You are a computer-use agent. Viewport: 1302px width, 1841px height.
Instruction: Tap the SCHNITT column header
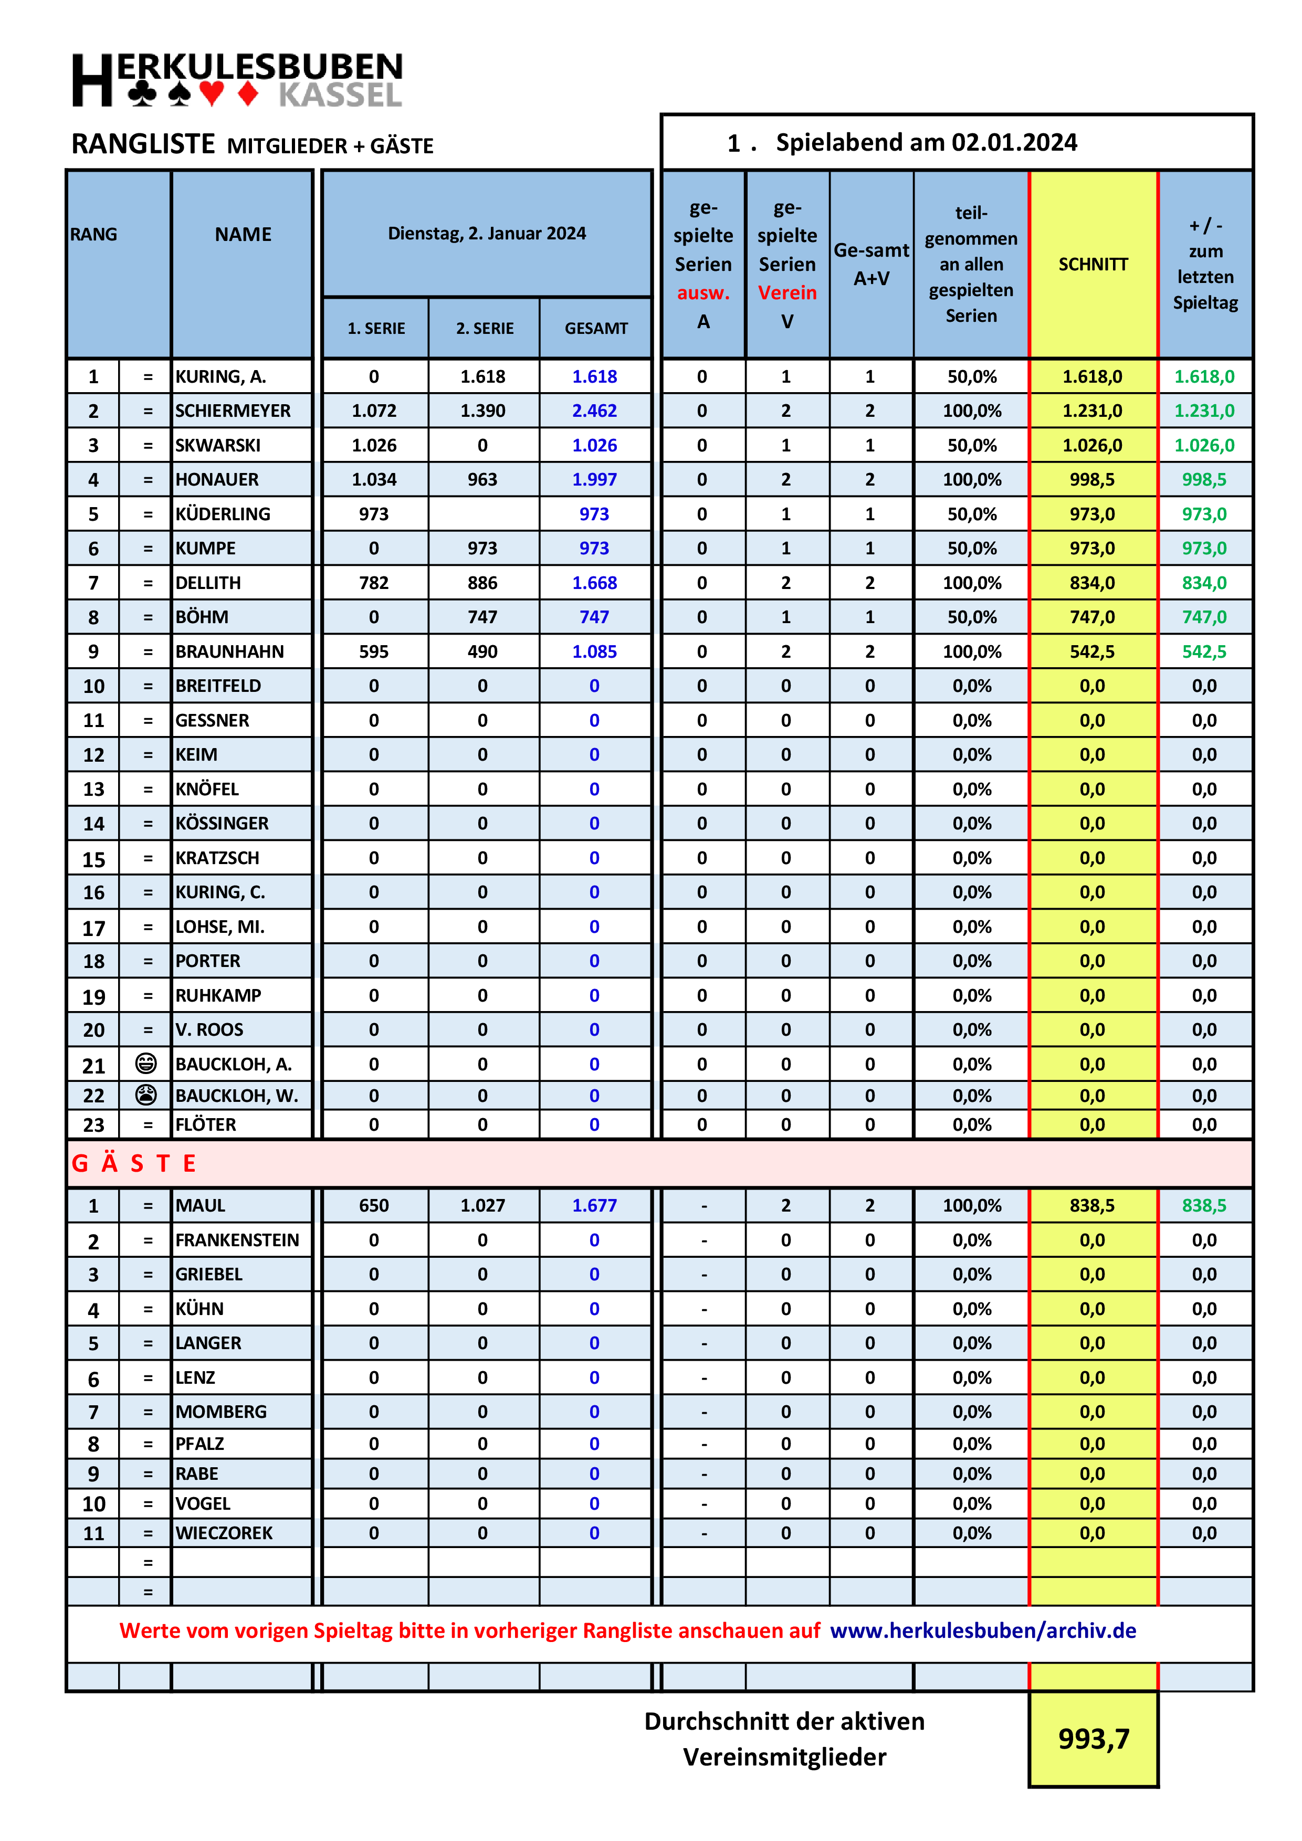(x=1093, y=264)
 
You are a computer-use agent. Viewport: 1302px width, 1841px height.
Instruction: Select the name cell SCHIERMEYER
(x=233, y=411)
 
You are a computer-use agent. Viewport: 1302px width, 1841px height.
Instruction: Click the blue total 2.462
(x=594, y=411)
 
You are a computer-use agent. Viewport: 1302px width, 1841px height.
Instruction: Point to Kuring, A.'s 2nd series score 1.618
(x=482, y=376)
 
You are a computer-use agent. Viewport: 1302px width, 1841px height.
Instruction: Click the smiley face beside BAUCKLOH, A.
(x=146, y=1063)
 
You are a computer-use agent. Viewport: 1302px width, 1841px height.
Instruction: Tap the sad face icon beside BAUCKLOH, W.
(x=146, y=1095)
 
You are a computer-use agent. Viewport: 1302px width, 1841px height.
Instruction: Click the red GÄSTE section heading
(x=134, y=1163)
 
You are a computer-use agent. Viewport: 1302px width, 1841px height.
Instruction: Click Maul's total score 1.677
(x=594, y=1205)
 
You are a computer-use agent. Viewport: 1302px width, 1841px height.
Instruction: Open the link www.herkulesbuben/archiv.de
(x=983, y=1630)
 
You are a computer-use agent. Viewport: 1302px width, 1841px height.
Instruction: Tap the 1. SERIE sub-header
(x=376, y=328)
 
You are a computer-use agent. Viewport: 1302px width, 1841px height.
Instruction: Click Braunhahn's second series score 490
(x=482, y=651)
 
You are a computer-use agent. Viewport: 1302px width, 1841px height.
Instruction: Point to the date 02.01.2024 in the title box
(x=1014, y=143)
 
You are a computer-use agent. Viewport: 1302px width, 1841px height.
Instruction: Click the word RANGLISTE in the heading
(x=143, y=144)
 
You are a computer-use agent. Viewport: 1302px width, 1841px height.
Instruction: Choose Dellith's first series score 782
(x=374, y=582)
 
